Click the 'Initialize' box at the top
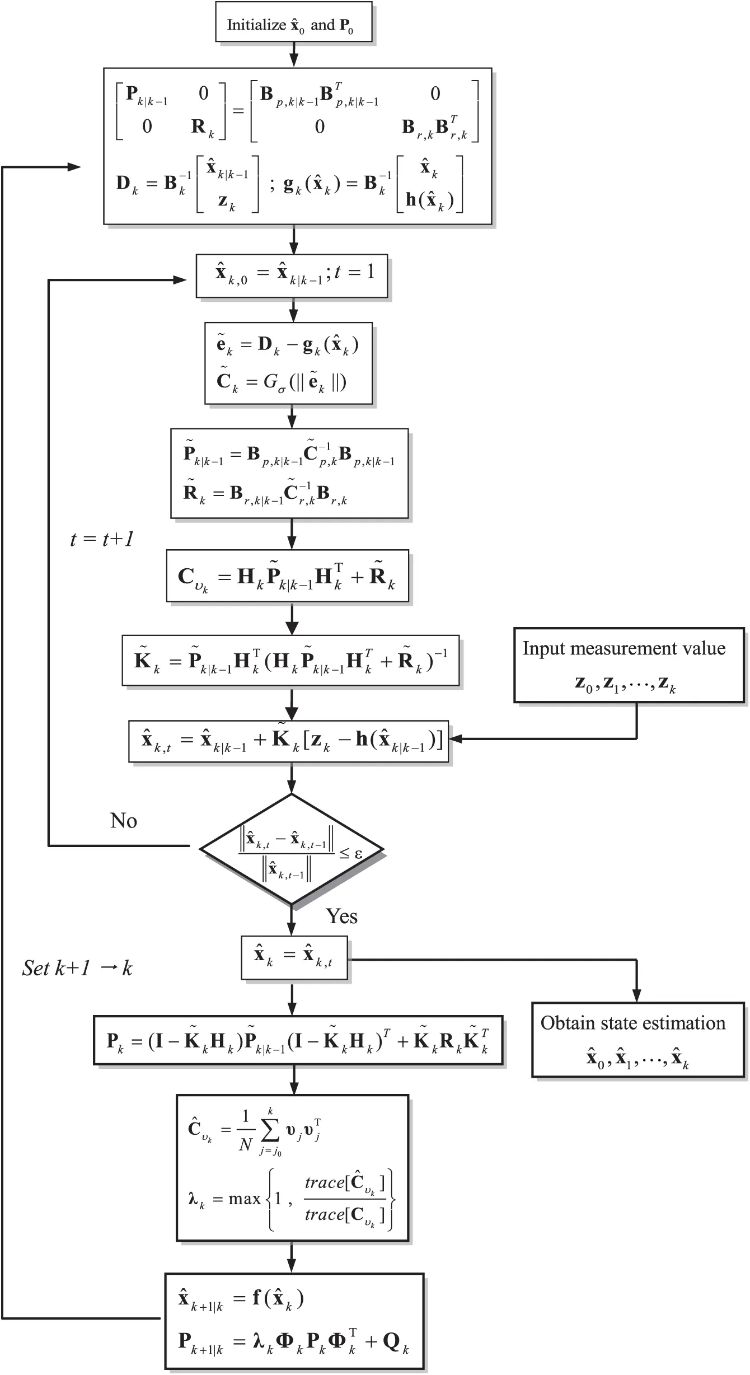[293, 22]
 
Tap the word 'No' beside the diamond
[124, 821]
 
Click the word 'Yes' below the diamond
[341, 916]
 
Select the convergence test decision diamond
[292, 849]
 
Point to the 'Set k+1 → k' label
[77, 968]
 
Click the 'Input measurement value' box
[629, 665]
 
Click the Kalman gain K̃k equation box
[290, 661]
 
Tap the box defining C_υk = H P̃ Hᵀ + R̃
[287, 576]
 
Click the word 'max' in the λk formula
[245, 1199]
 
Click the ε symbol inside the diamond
[358, 853]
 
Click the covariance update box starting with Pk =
[298, 1040]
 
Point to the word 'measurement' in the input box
[624, 648]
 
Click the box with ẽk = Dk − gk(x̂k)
[288, 363]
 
